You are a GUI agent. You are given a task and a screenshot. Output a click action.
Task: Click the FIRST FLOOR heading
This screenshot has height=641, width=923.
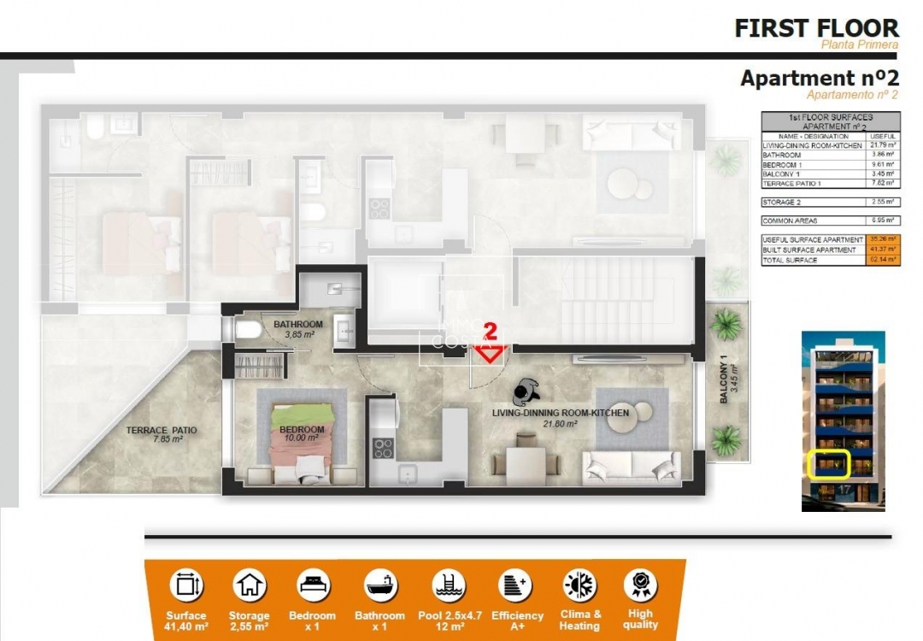point(816,27)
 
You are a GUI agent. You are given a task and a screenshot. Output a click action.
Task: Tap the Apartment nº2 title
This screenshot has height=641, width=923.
point(820,78)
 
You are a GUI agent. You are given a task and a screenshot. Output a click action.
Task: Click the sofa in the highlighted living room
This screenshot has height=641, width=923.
point(631,466)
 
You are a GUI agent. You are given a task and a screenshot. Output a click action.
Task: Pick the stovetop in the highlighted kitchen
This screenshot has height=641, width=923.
point(383,448)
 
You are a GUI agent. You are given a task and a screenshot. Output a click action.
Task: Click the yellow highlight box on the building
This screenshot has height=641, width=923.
point(828,464)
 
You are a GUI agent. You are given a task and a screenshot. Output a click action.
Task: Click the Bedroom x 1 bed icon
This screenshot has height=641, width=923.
point(313,585)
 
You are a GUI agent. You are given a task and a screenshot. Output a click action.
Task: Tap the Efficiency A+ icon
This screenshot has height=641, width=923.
point(516,585)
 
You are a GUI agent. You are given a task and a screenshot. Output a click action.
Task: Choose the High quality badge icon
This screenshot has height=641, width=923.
point(640,585)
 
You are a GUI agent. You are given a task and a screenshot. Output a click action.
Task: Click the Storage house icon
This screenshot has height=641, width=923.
point(250,585)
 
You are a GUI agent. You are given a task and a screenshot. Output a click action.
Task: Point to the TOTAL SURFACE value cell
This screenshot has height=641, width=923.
point(884,259)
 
